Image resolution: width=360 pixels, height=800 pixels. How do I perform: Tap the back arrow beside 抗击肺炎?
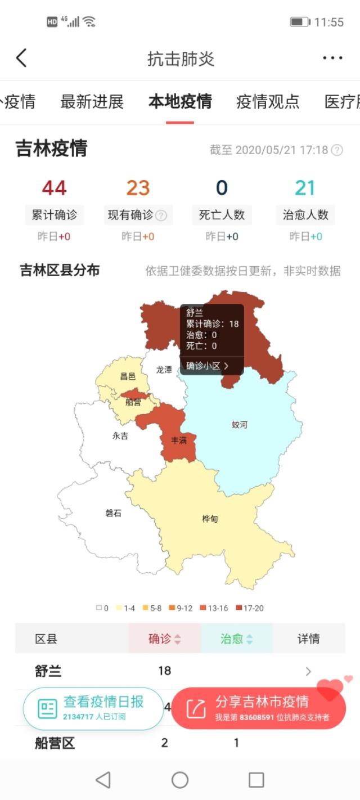pos(21,58)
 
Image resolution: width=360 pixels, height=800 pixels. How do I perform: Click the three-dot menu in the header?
pos(332,58)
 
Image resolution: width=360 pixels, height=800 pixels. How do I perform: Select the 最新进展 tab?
pos(92,102)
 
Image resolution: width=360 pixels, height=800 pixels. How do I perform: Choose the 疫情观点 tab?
pos(268,102)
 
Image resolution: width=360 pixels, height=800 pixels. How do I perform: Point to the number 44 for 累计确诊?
pos(54,188)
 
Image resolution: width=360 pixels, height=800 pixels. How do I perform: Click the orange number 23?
pos(138,188)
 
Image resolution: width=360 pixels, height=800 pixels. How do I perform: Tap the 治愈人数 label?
pos(305,214)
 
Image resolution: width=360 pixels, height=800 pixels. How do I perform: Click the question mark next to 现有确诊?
pos(161,215)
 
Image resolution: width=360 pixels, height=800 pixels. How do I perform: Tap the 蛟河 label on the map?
pos(240,425)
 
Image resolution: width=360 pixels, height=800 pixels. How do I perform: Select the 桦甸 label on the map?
pos(210,519)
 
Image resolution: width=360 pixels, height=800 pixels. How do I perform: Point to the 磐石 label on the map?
pos(113,513)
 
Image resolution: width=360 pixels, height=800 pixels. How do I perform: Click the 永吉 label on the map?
pos(120,435)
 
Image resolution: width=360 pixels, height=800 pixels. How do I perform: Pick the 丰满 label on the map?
pos(179,441)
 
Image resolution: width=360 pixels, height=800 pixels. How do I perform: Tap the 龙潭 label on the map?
pos(164,370)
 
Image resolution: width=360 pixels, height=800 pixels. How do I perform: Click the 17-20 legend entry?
pos(250,608)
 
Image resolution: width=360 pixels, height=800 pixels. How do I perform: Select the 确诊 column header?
pos(164,639)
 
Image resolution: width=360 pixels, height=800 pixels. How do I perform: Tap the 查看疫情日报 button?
pos(93,708)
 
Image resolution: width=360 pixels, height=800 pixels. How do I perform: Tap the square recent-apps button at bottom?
pos(256,780)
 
